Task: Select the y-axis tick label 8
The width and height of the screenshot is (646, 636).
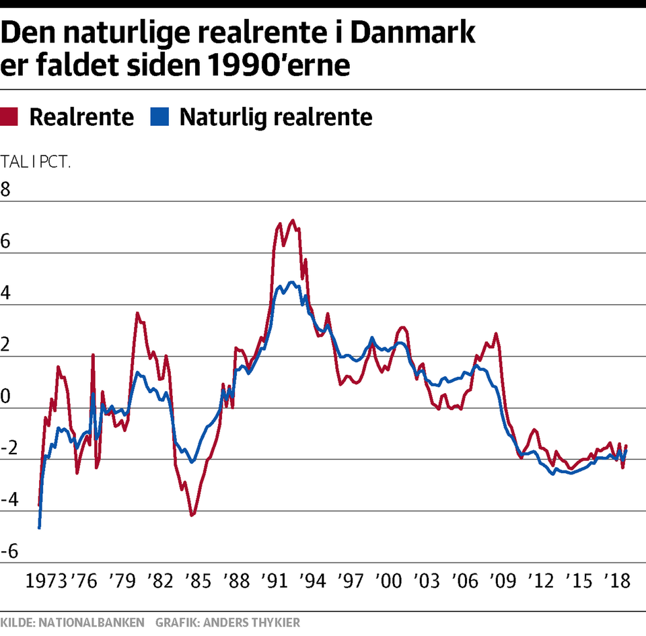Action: tap(6, 190)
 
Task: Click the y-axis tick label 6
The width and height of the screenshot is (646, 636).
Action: tap(6, 242)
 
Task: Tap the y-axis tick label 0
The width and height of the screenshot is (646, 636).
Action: tap(6, 397)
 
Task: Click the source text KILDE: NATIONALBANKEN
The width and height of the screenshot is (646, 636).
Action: tap(72, 623)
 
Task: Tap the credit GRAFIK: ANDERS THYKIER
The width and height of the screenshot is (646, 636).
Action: tap(227, 623)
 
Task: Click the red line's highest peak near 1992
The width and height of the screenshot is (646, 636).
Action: tap(292, 220)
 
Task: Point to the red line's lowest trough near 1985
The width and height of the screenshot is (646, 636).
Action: tap(192, 516)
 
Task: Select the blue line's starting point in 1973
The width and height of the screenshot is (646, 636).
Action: tap(39, 528)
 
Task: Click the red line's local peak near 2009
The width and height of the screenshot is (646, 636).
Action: tap(496, 333)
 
